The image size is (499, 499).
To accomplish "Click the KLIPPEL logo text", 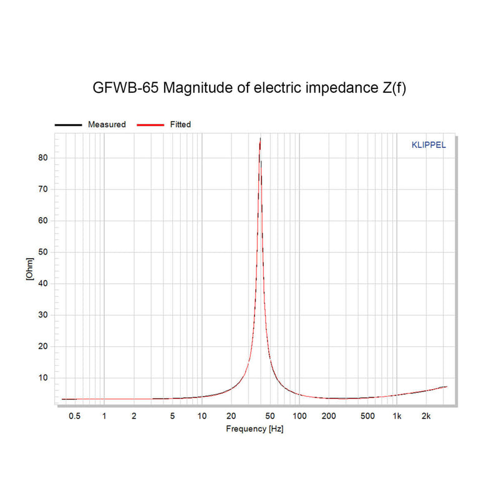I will pyautogui.click(x=429, y=145).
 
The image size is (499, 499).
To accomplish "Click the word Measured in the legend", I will pyautogui.click(x=107, y=125).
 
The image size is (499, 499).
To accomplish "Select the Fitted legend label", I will pyautogui.click(x=180, y=125).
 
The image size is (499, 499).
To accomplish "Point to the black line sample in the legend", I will pyautogui.click(x=68, y=125).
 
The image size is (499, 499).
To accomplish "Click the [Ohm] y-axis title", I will pyautogui.click(x=29, y=269).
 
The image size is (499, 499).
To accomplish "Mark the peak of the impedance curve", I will pyautogui.click(x=260, y=138).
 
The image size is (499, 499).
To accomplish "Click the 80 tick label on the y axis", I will pyautogui.click(x=43, y=158).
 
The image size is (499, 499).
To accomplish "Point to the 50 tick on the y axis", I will pyautogui.click(x=43, y=252).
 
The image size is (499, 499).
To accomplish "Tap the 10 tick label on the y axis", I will pyautogui.click(x=43, y=377).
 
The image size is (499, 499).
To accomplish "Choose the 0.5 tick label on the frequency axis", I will pyautogui.click(x=74, y=416).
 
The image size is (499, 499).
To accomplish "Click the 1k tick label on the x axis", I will pyautogui.click(x=397, y=416).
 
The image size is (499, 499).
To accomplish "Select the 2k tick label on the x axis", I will pyautogui.click(x=426, y=416).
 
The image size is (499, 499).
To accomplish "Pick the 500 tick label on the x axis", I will pyautogui.click(x=367, y=416).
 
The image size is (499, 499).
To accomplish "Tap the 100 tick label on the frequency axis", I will pyautogui.click(x=299, y=416).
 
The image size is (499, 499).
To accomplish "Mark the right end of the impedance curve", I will pyautogui.click(x=447, y=387).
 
